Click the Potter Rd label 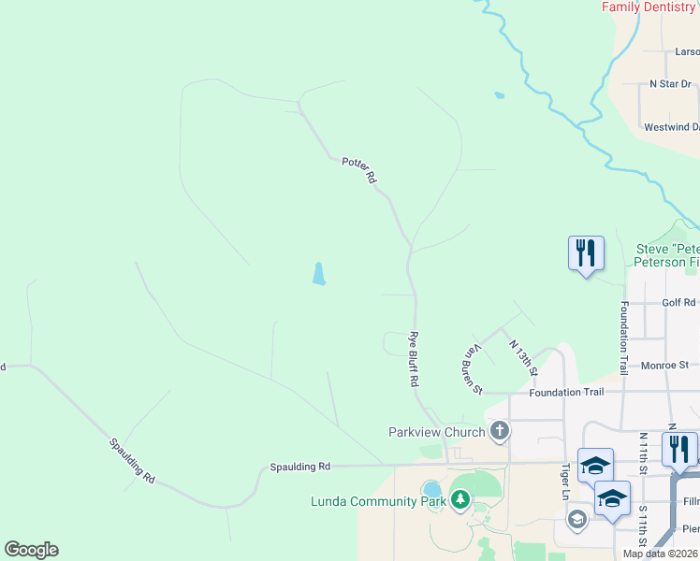coord(358,168)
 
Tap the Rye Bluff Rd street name coord(412,360)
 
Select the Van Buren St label coord(472,368)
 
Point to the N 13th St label coord(523,357)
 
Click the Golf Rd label coord(679,302)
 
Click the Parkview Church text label coord(437,432)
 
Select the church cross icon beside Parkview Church coord(500,431)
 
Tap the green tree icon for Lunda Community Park coord(459,501)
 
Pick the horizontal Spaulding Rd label coord(300,466)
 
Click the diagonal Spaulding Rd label coord(130,459)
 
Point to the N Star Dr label coord(670,84)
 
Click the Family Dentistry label coord(649,7)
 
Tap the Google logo coord(31,550)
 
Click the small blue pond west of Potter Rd coord(319,274)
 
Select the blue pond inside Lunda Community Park coord(431,490)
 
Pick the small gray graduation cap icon coord(577,519)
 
